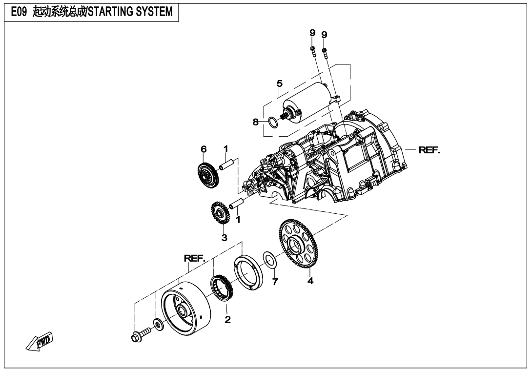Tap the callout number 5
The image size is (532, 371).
(x=280, y=83)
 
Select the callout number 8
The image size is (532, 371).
(x=255, y=123)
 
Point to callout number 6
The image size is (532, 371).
(x=203, y=148)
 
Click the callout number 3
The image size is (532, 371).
(x=224, y=238)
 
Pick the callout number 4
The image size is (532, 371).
(x=309, y=281)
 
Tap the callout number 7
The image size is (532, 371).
(x=275, y=282)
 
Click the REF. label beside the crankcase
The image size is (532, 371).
(x=429, y=150)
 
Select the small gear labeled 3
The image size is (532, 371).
(x=218, y=213)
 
